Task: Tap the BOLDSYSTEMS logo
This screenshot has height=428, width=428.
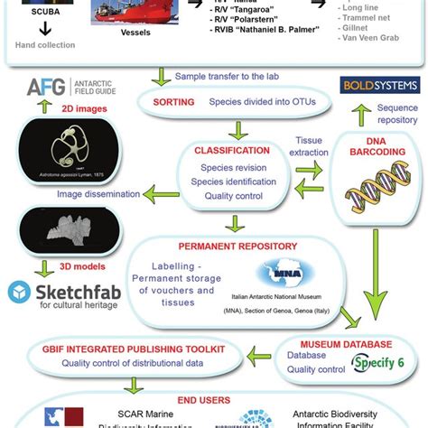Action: point(378,85)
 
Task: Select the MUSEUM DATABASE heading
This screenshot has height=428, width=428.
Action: point(321,344)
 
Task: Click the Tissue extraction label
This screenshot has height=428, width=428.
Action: point(308,146)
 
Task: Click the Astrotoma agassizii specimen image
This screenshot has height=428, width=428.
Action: point(71,162)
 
